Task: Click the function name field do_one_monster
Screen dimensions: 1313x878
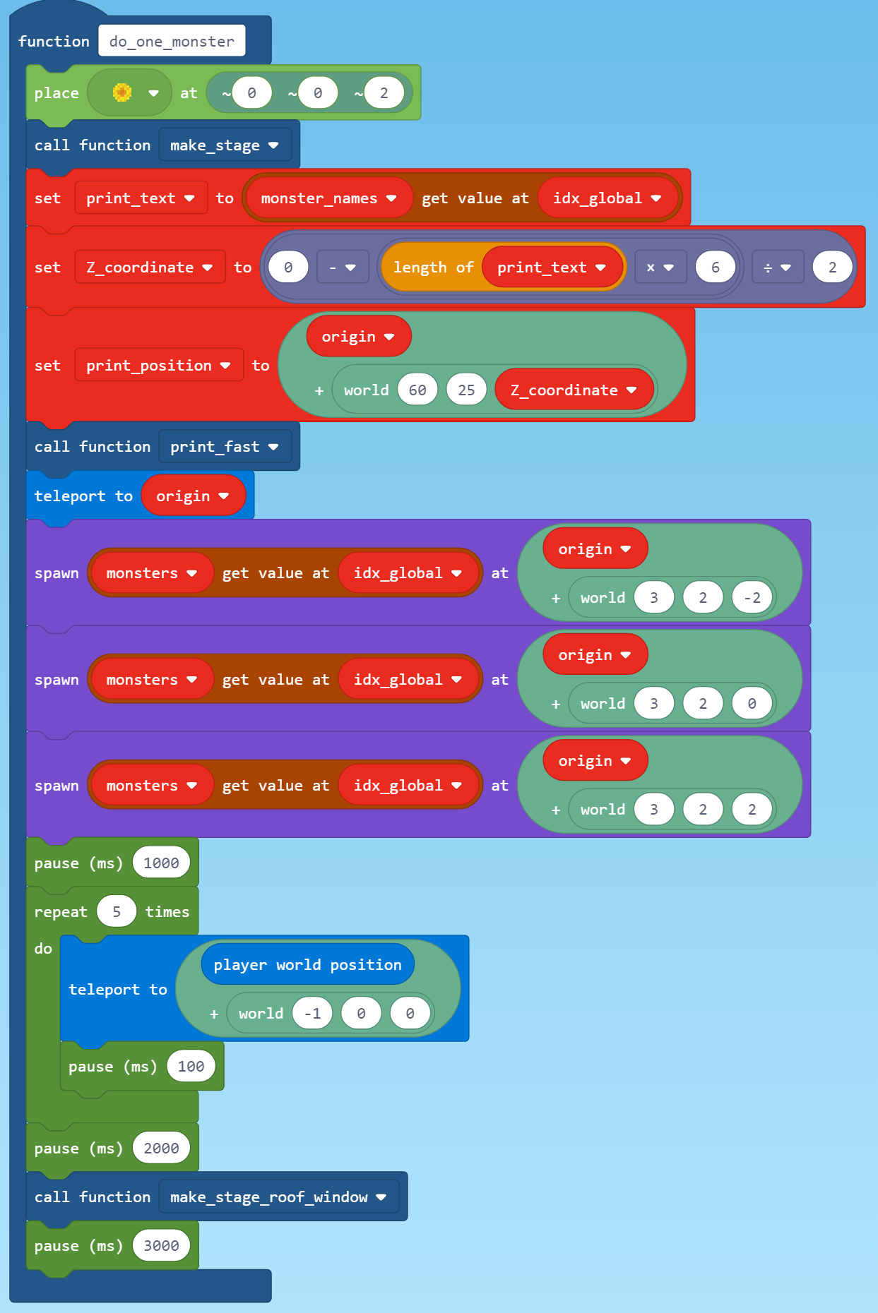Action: (x=172, y=41)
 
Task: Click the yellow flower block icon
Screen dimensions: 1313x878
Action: (x=122, y=92)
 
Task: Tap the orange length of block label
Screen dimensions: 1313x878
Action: (x=432, y=268)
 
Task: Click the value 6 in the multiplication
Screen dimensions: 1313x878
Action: (x=715, y=268)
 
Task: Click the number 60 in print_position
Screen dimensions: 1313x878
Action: (x=417, y=390)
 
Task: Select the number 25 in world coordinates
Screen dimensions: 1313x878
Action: (x=466, y=390)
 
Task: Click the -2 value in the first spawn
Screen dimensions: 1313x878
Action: (x=752, y=598)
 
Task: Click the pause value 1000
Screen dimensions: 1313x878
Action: (x=161, y=863)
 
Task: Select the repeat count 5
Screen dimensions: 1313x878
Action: (x=117, y=912)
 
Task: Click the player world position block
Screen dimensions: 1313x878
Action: (x=307, y=965)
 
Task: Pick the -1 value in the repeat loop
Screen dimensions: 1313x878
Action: (x=312, y=1014)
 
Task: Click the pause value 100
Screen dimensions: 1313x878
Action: (x=191, y=1067)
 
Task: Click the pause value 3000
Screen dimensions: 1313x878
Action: (x=161, y=1246)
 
